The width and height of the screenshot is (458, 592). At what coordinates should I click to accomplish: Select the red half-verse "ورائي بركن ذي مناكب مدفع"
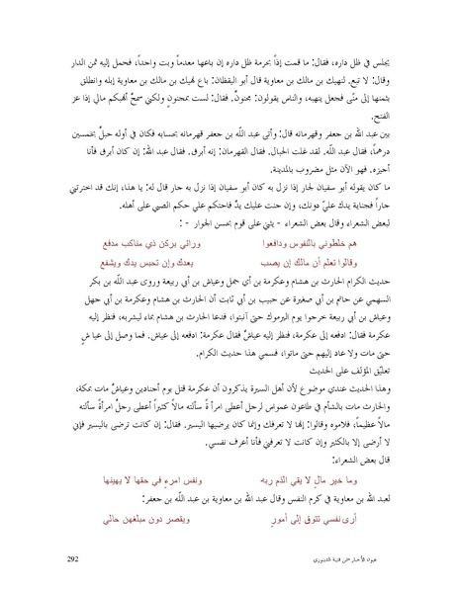coord(137,241)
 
